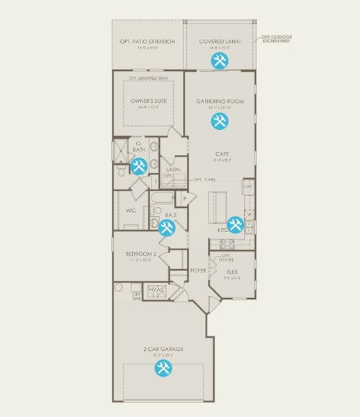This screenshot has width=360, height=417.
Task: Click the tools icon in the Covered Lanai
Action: pos(220,60)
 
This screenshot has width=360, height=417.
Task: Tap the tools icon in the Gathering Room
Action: pos(220,122)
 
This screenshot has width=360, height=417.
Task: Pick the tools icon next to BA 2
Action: pos(167,227)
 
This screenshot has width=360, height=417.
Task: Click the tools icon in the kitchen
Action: pos(236,224)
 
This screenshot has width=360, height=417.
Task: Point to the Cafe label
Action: pos(222,154)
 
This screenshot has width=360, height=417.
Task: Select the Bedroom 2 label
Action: pos(140,254)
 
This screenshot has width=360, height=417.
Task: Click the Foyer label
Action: pos(197,270)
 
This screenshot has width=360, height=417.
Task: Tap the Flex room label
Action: pos(232,272)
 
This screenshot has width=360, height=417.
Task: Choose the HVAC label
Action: pos(156,289)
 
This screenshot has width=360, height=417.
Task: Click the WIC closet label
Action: pos(131,210)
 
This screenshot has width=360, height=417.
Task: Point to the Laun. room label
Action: pos(174,169)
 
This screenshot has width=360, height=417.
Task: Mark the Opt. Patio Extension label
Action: pos(147,42)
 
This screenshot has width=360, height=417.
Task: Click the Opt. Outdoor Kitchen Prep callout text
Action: pos(276,40)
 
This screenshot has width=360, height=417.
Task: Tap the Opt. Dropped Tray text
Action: pos(149,79)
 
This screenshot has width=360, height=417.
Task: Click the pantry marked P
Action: pos(185,199)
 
